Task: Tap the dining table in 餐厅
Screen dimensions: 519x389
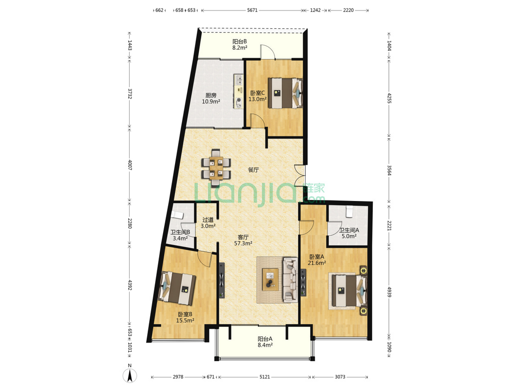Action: coord(216,167)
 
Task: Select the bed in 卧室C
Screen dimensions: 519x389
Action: coord(285,93)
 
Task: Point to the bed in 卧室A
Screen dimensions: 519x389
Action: coord(348,291)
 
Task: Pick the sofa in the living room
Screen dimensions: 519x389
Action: coord(290,280)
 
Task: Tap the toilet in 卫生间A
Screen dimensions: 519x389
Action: coord(349,212)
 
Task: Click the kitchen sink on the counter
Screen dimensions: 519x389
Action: coord(239,80)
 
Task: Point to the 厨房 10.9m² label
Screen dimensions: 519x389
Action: coord(211,98)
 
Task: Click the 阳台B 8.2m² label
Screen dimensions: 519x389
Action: coord(240,44)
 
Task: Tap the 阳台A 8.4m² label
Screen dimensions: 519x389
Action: coord(265,342)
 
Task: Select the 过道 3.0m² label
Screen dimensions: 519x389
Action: coord(208,223)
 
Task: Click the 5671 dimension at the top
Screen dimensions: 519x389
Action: coord(252,10)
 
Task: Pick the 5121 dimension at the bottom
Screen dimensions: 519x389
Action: coord(265,377)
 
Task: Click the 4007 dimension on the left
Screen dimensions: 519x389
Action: coord(130,165)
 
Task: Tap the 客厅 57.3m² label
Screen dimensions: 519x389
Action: coord(243,240)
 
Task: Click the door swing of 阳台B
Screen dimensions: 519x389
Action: coord(268,51)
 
